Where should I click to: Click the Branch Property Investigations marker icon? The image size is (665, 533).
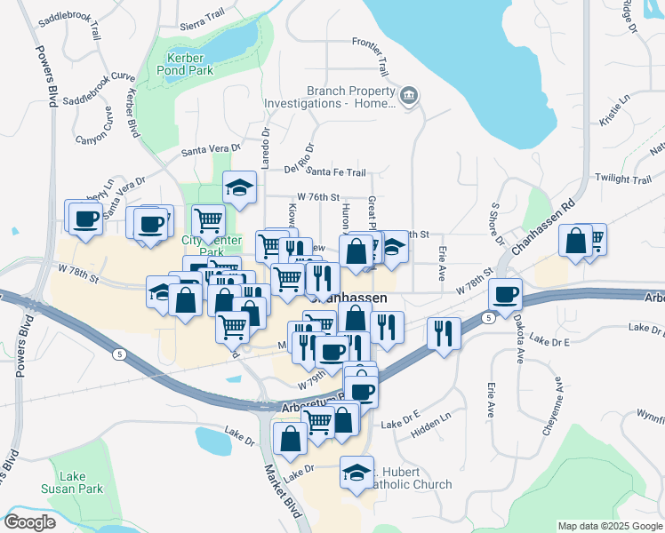coord(409,96)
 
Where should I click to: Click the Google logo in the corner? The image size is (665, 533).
coord(29,521)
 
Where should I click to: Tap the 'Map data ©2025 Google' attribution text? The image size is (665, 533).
coord(609,526)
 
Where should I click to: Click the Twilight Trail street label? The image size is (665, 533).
coord(624,179)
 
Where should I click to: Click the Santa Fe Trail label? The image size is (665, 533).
coord(337,172)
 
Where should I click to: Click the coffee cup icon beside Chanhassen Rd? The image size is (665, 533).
coord(505,294)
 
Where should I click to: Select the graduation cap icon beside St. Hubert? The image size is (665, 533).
coord(357,472)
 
